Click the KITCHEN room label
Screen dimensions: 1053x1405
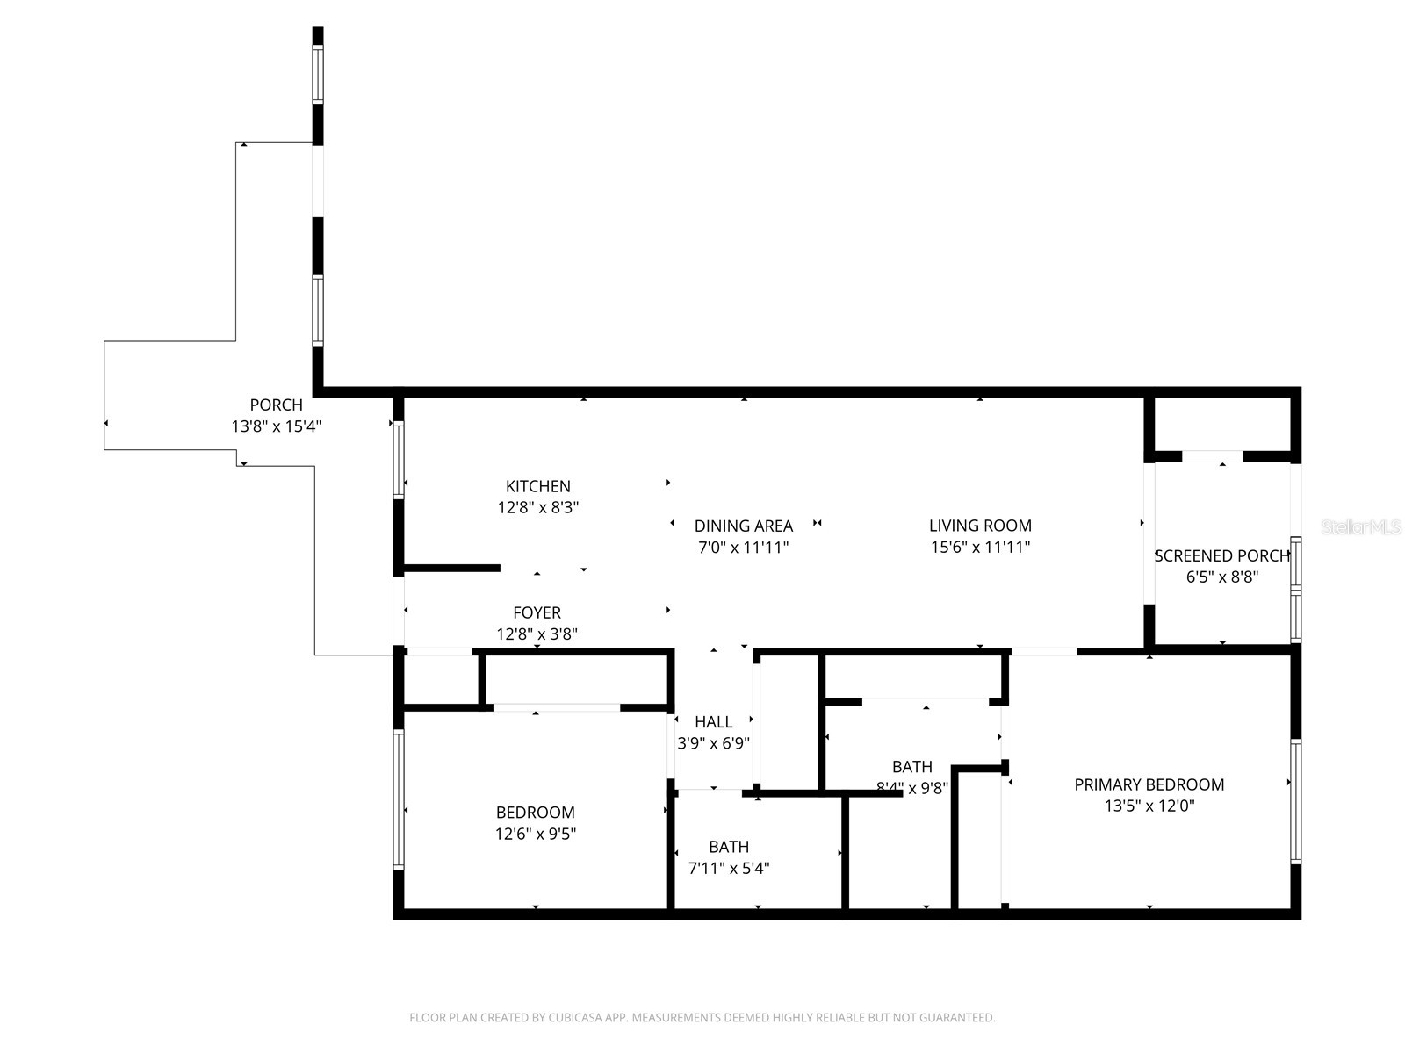[537, 486]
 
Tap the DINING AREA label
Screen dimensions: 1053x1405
[743, 526]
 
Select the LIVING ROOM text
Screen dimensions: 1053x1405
[980, 526]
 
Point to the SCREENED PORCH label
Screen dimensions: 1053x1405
[1221, 555]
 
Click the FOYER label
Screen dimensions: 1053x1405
[537, 612]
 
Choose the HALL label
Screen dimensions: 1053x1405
[713, 722]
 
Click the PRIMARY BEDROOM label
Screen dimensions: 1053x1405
[1149, 784]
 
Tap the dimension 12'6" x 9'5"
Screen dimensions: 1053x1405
[536, 834]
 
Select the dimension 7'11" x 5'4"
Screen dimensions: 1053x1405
[729, 869]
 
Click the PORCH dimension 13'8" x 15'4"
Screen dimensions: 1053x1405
[277, 426]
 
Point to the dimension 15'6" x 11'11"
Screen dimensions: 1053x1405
[980, 548]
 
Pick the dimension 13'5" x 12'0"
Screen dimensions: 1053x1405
[1149, 806]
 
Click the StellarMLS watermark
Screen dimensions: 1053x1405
[1360, 526]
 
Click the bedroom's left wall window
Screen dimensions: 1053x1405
[399, 799]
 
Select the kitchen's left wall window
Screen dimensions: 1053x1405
[399, 461]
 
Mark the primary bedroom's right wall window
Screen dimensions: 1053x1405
[1295, 800]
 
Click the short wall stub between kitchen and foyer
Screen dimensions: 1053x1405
[451, 568]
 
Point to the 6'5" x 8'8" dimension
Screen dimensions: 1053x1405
[1221, 577]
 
